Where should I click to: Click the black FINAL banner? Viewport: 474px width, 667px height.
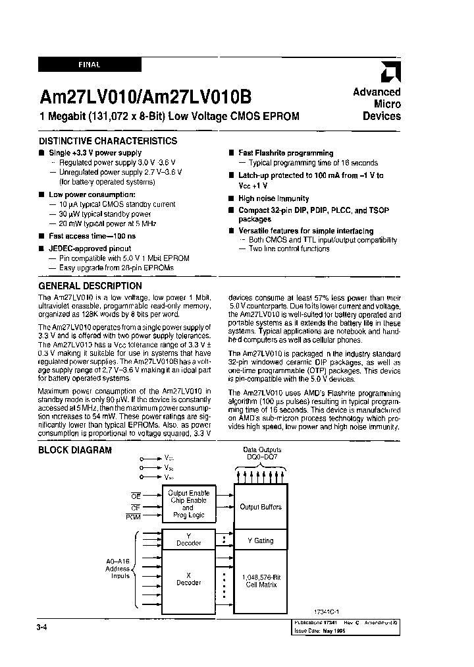click(90, 65)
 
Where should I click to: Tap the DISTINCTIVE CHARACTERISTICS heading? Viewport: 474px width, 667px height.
click(107, 141)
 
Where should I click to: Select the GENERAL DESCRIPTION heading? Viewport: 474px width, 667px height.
click(90, 286)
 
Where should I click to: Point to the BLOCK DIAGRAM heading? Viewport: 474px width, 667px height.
click(74, 450)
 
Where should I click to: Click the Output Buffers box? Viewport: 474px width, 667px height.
click(261, 507)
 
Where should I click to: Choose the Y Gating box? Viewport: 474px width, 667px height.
click(261, 540)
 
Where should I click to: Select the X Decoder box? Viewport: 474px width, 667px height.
click(188, 579)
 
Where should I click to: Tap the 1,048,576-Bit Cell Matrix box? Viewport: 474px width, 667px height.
click(261, 580)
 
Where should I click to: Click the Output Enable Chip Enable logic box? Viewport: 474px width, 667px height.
click(188, 504)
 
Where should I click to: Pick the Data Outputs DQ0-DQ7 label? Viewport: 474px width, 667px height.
click(261, 453)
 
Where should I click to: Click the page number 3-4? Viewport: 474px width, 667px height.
click(44, 629)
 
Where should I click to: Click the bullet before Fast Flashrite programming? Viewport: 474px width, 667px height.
click(232, 154)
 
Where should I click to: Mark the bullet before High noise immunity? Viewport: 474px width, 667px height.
click(232, 198)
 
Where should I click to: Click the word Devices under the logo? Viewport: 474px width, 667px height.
click(382, 116)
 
